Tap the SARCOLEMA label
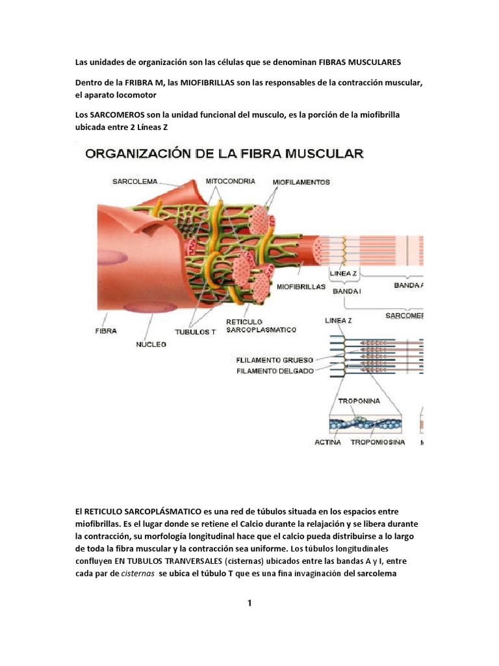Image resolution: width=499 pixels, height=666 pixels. [135, 181]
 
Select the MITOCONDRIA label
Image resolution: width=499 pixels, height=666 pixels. [230, 181]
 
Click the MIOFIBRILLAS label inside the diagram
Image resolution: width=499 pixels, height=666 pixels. [301, 286]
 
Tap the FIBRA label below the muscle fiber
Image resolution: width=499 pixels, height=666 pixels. [106, 331]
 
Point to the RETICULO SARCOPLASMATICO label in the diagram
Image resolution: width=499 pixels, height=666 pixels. [261, 326]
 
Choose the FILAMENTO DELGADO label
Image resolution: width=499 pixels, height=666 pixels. [275, 371]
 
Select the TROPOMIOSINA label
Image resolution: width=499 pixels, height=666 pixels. [377, 442]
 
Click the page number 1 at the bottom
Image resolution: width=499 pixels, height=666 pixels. [249, 603]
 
